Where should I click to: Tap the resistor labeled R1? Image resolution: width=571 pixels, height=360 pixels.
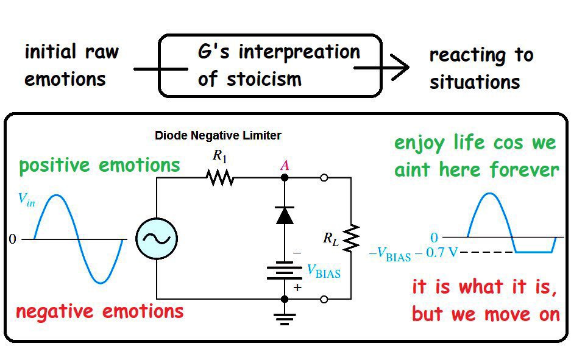pyautogui.click(x=220, y=177)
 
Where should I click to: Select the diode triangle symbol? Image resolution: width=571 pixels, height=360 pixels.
pyautogui.click(x=285, y=215)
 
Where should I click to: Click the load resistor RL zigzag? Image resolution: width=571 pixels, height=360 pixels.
pyautogui.click(x=352, y=238)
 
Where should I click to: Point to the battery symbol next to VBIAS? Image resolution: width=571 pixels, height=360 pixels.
pyautogui.click(x=285, y=272)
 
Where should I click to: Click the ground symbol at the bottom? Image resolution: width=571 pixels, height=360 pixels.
pyautogui.click(x=285, y=317)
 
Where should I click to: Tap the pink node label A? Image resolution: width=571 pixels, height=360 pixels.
pyautogui.click(x=285, y=164)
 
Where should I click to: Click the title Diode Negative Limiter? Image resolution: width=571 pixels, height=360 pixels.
pyautogui.click(x=218, y=135)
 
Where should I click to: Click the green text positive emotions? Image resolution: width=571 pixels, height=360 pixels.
pyautogui.click(x=99, y=165)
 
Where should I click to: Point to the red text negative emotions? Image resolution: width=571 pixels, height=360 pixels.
pyautogui.click(x=99, y=312)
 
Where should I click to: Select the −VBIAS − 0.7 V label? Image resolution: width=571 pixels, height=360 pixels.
pyautogui.click(x=413, y=253)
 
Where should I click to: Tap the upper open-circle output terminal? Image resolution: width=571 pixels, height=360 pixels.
pyautogui.click(x=324, y=177)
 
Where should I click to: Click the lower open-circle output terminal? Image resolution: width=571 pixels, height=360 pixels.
pyautogui.click(x=324, y=299)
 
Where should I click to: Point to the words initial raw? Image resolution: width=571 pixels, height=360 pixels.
pyautogui.click(x=71, y=52)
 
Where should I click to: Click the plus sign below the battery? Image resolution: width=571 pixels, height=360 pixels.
pyautogui.click(x=297, y=288)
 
